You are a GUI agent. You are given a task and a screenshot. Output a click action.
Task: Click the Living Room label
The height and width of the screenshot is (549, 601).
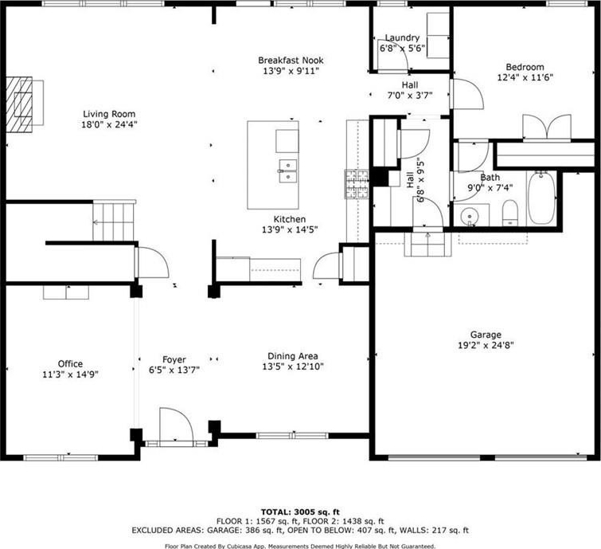click(x=109, y=114)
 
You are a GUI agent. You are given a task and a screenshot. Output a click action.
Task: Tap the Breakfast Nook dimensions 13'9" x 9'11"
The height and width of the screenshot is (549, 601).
click(x=291, y=71)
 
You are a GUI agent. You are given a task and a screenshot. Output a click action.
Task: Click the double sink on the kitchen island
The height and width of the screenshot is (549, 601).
click(x=288, y=171)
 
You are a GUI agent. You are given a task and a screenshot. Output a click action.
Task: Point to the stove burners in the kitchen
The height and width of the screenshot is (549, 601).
click(x=357, y=184)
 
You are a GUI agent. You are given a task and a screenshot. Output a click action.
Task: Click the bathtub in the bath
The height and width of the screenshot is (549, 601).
click(x=541, y=198)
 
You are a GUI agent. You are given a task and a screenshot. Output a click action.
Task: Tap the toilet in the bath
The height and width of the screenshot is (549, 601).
click(x=510, y=213)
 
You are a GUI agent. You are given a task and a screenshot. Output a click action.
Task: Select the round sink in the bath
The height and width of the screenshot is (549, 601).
click(x=469, y=217)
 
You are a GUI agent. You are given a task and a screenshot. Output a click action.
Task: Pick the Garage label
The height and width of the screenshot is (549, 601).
click(x=486, y=335)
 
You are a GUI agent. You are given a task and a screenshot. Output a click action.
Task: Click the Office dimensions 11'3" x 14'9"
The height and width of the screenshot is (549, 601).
click(x=71, y=374)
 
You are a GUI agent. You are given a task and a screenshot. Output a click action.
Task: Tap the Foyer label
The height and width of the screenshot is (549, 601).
click(x=174, y=359)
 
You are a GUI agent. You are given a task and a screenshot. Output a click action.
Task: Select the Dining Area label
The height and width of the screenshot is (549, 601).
click(x=293, y=356)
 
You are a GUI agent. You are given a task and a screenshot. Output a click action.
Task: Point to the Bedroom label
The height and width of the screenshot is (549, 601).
click(x=525, y=67)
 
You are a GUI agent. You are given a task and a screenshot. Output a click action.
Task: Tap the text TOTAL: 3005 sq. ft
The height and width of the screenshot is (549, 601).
click(x=300, y=512)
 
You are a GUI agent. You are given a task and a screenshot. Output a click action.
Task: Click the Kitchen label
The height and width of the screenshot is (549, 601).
click(x=290, y=219)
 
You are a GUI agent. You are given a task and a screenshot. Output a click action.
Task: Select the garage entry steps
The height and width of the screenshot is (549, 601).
click(x=428, y=244)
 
